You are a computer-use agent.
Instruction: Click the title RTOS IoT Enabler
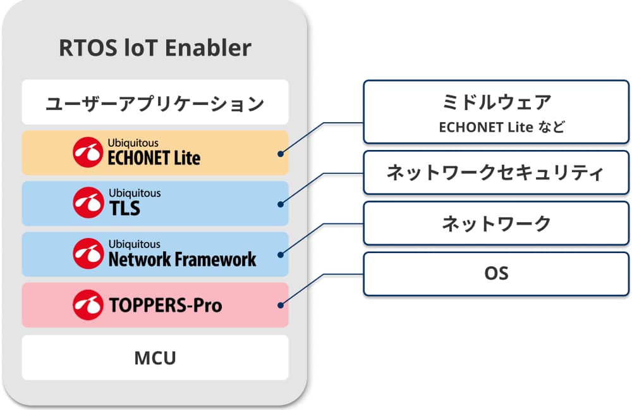(155, 49)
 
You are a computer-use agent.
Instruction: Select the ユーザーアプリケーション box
(155, 102)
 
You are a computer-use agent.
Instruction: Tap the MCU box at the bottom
(155, 358)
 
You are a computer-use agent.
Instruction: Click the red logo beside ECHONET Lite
(87, 152)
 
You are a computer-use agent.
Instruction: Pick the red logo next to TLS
(87, 203)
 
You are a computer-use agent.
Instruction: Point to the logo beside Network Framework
(87, 254)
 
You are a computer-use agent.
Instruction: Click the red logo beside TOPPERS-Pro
(87, 305)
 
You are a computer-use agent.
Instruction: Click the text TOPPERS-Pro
(166, 306)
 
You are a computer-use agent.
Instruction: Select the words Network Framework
(182, 259)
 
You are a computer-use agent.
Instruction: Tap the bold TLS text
(125, 208)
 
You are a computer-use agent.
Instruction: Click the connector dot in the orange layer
(280, 152)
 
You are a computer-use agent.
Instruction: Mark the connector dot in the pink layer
(280, 305)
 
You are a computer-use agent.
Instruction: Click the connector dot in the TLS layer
(280, 203)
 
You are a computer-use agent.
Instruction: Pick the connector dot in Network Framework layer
(280, 254)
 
